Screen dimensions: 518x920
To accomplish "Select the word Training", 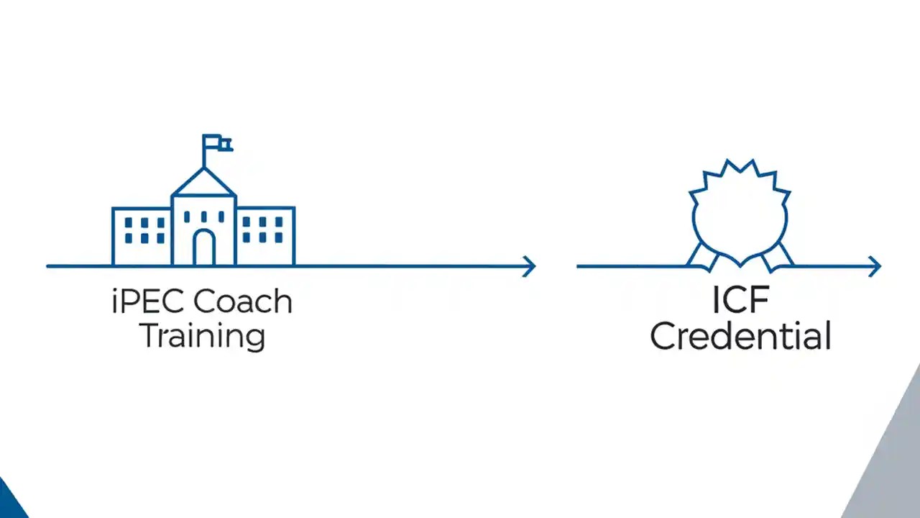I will click(x=202, y=335).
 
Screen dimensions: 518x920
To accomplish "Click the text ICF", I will click(x=740, y=301).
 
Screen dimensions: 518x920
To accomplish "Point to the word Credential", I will click(x=740, y=336).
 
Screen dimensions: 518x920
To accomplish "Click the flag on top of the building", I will click(x=216, y=143).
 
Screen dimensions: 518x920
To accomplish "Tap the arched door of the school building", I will click(x=204, y=248).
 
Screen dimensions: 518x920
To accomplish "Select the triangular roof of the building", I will click(x=203, y=184).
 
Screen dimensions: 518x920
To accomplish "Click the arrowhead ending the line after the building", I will click(x=530, y=266).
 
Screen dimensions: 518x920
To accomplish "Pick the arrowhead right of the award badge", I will click(x=875, y=266).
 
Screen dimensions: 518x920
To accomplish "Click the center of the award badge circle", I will click(x=740, y=216).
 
